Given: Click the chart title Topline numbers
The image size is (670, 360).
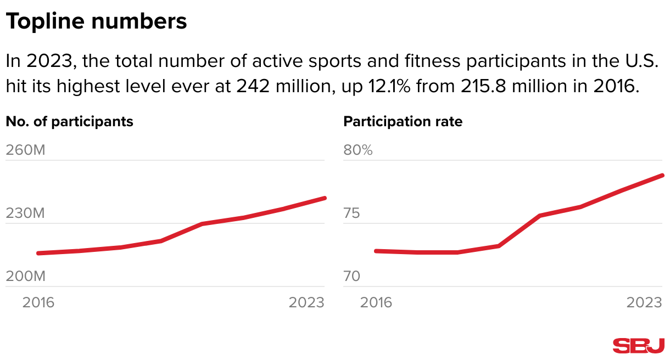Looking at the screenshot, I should (96, 22).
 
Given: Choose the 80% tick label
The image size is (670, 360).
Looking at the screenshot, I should (358, 150).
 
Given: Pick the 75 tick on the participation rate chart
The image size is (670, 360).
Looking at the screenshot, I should (352, 213).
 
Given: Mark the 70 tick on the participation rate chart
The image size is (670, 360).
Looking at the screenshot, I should (352, 276).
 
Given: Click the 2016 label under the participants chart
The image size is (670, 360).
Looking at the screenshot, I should (38, 302).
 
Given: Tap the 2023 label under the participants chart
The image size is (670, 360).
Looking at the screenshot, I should (306, 302).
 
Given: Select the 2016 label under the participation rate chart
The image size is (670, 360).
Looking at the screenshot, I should (376, 302).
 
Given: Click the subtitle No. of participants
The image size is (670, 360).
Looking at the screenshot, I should (70, 121).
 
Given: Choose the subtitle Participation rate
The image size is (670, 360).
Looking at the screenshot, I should (403, 121).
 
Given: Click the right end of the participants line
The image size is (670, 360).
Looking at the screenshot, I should (325, 198).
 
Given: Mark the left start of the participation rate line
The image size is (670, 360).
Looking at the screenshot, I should (376, 251).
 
